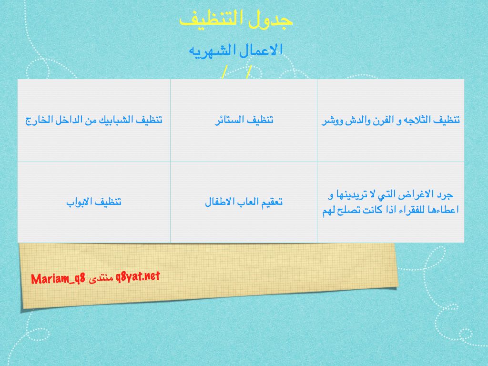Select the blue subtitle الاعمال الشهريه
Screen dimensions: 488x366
coord(236,50)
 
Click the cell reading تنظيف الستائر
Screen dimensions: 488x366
coord(244,120)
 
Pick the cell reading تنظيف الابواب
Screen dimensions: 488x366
coord(94,202)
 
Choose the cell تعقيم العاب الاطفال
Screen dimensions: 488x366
coord(244,202)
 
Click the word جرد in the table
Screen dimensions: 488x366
coord(446,195)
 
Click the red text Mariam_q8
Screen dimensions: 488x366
coord(58,278)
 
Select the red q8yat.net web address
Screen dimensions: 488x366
coord(138,276)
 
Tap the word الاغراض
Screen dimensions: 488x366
coord(417,195)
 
